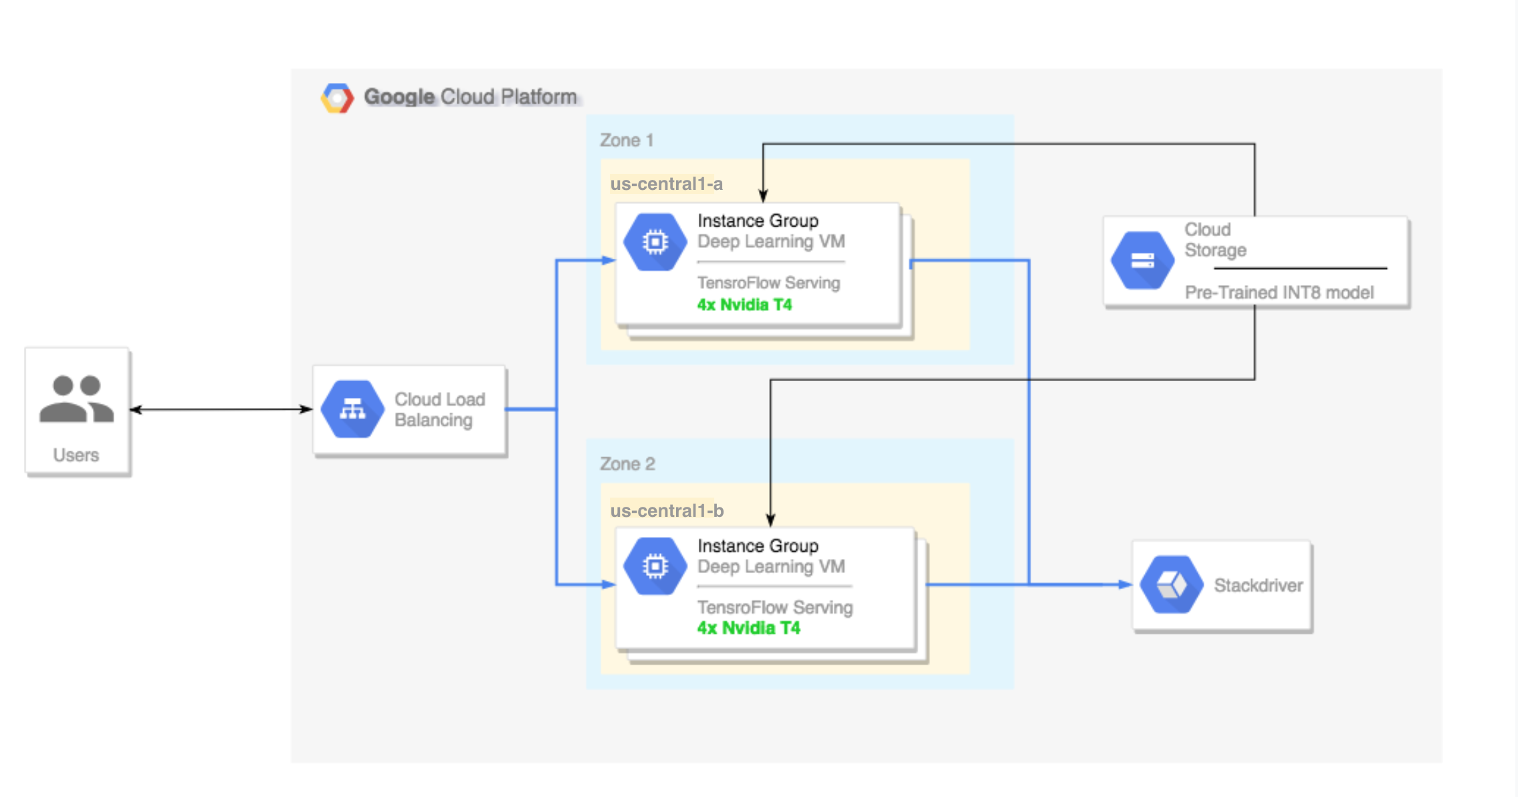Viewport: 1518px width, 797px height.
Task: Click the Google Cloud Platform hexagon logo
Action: tap(337, 98)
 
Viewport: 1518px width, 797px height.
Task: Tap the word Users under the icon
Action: tap(76, 455)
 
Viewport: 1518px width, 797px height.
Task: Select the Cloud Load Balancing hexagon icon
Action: tap(352, 409)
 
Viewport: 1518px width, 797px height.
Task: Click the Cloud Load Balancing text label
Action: tap(439, 409)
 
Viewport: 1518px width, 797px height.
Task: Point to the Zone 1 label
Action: tap(626, 140)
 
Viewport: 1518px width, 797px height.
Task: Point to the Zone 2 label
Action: tap(627, 464)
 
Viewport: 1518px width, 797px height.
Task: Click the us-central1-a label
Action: tap(666, 184)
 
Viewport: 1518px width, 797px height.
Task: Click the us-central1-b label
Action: tap(667, 511)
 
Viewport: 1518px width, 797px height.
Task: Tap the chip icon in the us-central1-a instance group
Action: tap(655, 241)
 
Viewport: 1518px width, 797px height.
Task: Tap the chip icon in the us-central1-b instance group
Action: tap(655, 566)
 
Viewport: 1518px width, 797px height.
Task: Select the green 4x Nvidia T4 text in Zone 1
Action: tap(744, 305)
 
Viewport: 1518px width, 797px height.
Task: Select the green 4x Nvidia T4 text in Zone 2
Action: tap(748, 628)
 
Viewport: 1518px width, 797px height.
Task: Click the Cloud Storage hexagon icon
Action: tap(1142, 260)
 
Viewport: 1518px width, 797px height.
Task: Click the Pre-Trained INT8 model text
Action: tap(1279, 292)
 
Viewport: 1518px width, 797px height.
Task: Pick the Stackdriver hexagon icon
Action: tap(1171, 585)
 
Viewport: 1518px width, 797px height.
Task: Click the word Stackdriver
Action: tap(1258, 586)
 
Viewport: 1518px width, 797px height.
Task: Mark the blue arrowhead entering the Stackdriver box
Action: tap(1125, 584)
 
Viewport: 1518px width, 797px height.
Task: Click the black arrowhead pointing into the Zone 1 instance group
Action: tap(763, 195)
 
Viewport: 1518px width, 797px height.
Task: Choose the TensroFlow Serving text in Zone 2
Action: tap(774, 607)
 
